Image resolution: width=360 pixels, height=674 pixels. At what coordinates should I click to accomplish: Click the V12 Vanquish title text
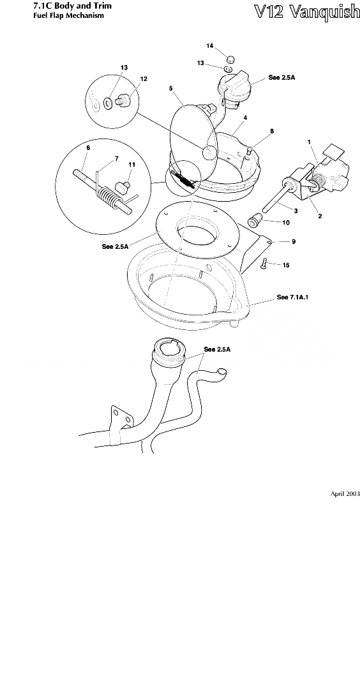point(306,11)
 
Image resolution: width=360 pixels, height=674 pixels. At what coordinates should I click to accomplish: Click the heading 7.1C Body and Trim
point(72,6)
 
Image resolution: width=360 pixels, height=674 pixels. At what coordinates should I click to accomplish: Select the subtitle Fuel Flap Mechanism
point(68,16)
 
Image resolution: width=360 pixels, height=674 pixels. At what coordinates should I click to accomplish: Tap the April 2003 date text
point(345,494)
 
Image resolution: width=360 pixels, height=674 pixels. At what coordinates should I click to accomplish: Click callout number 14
point(210,46)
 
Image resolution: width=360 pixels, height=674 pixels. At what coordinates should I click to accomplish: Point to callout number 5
point(171,89)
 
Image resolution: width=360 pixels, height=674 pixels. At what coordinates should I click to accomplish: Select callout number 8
point(272,131)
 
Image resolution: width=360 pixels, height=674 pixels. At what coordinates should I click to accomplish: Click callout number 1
point(309,142)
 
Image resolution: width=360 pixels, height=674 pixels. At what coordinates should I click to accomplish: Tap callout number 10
point(286,223)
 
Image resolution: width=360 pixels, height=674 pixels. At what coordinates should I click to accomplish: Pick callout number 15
point(286,266)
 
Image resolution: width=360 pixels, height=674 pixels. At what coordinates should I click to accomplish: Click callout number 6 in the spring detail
point(88,147)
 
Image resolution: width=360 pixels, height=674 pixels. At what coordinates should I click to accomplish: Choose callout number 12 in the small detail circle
point(144,79)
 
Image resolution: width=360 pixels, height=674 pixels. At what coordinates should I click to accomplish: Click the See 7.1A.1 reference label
point(294,297)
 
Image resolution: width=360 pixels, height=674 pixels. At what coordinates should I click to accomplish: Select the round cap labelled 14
point(230,59)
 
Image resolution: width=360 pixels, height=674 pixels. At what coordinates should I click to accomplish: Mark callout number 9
point(294,241)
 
